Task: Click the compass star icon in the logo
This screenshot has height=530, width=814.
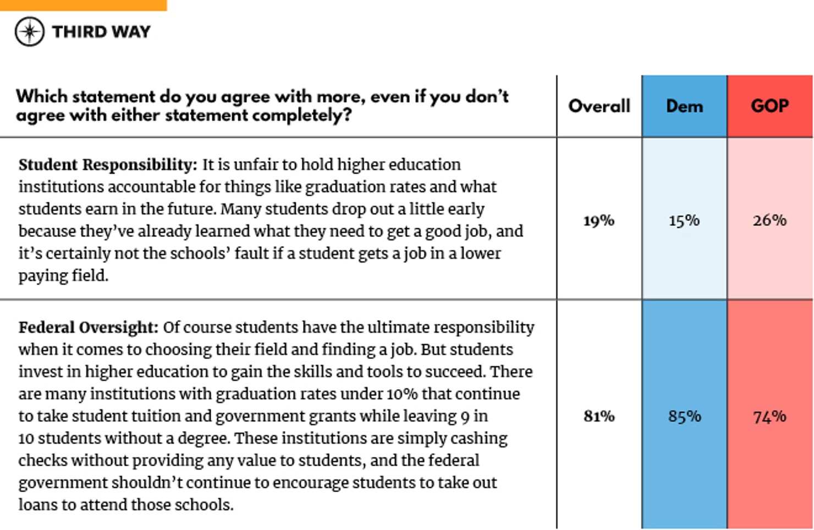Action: [30, 31]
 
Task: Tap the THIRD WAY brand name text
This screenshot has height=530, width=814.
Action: [101, 32]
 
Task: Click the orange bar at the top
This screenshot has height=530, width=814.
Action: [83, 5]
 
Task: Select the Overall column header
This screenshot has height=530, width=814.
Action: [599, 106]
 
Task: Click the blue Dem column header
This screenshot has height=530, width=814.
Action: [684, 106]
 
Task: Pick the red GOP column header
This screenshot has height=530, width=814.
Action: [769, 106]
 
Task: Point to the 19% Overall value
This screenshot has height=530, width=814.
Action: [599, 220]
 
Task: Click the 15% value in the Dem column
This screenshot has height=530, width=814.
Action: [684, 220]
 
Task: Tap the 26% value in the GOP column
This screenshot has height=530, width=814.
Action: [769, 220]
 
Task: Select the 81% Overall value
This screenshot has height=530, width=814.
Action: [599, 416]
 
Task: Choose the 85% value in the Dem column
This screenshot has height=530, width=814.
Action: [684, 416]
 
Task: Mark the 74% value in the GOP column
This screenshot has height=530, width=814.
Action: [769, 417]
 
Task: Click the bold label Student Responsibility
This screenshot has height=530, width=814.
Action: [107, 165]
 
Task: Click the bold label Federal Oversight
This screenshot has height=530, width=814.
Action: [88, 328]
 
